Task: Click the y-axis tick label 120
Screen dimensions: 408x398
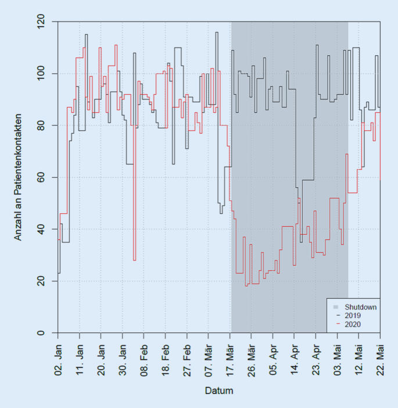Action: pyautogui.click(x=44, y=22)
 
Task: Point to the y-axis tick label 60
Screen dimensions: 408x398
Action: pyautogui.click(x=44, y=177)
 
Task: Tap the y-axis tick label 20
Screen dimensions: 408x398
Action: pyautogui.click(x=44, y=281)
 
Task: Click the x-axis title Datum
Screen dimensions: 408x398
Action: pyautogui.click(x=219, y=391)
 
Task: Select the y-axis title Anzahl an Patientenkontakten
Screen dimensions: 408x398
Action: pyautogui.click(x=18, y=177)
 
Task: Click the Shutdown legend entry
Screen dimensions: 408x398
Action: pyautogui.click(x=361, y=307)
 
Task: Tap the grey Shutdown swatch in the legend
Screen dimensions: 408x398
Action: pyautogui.click(x=335, y=307)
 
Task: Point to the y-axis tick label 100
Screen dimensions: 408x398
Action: pyautogui.click(x=44, y=74)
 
